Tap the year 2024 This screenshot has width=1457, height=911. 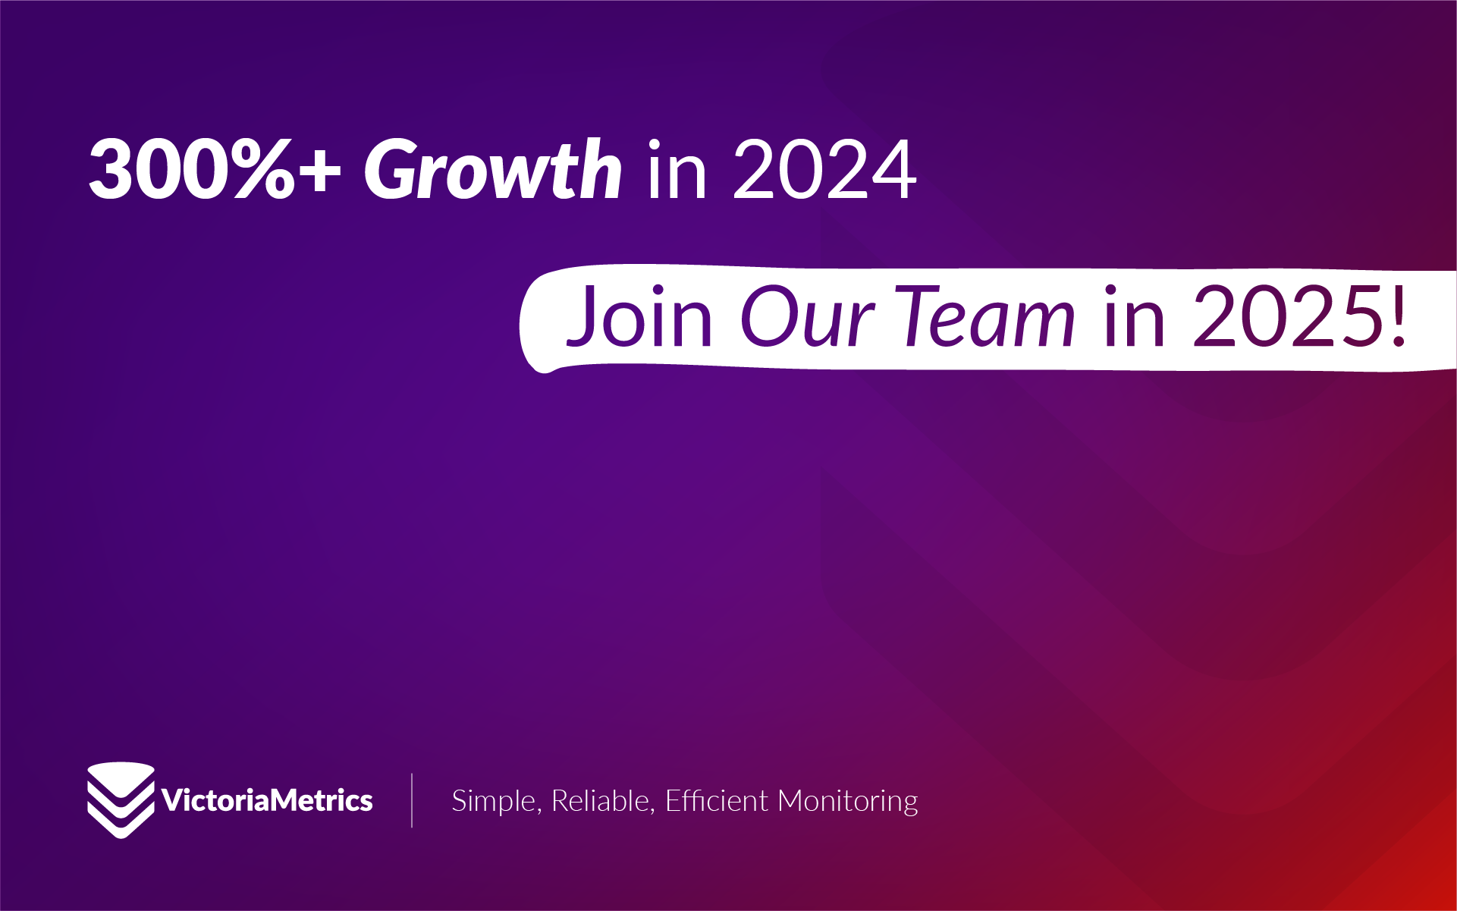825,169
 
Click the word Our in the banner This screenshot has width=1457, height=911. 807,316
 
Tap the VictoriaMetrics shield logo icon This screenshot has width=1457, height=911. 121,800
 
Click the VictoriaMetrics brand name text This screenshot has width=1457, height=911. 267,800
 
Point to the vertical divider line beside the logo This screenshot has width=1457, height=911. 412,800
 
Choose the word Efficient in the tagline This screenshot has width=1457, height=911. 717,800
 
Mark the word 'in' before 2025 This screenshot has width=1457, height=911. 1135,316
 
